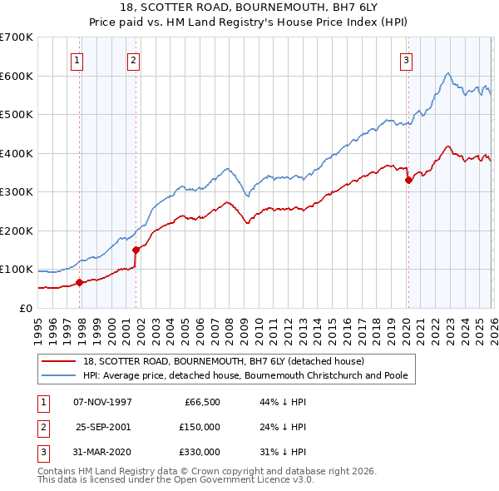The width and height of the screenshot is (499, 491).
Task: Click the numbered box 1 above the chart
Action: coord(77,59)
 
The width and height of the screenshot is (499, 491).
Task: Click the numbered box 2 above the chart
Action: coord(133,59)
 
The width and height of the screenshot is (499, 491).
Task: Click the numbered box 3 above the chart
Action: coord(406,59)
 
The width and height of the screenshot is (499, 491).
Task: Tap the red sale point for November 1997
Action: coord(80,282)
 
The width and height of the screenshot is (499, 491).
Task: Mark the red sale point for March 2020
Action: coord(408,180)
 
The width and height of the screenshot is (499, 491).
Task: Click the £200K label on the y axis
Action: coord(17,231)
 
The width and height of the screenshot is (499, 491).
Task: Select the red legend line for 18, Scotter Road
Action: coord(59,361)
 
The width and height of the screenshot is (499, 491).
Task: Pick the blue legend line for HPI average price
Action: coord(59,375)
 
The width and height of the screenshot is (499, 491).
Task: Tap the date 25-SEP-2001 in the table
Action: coord(103,426)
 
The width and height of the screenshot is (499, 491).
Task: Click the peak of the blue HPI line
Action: coord(447,73)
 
